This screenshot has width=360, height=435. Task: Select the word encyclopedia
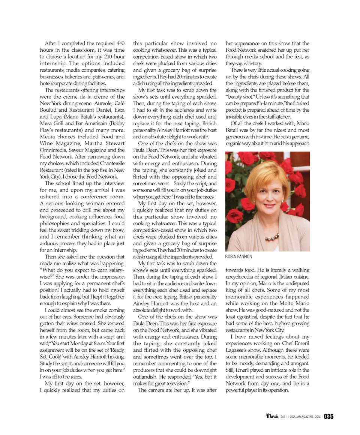click(x=242, y=277)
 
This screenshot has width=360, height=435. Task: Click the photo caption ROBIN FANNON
click(x=239, y=256)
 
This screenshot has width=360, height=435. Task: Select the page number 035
click(x=329, y=416)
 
